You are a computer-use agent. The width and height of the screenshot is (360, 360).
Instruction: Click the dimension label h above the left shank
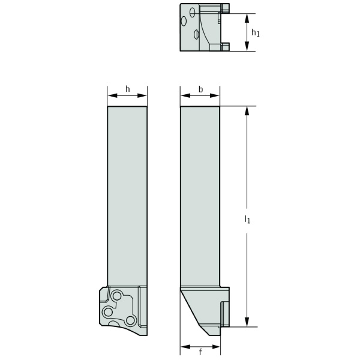coord(127,89)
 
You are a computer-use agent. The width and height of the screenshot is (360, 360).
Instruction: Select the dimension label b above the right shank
coord(200,89)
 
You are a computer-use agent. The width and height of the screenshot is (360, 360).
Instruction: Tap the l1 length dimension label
coord(247,220)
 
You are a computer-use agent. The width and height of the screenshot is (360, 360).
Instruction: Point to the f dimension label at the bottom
coord(200,352)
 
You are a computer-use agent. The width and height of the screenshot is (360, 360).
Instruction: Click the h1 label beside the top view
coord(255,32)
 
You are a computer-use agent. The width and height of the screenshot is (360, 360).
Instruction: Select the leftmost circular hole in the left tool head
coord(107,312)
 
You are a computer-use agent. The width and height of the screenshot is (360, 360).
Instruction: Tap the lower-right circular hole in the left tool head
coord(129,322)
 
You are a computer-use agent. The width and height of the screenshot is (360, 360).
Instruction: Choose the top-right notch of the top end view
coord(225,8)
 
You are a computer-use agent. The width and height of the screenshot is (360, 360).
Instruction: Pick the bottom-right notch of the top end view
coord(225,47)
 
